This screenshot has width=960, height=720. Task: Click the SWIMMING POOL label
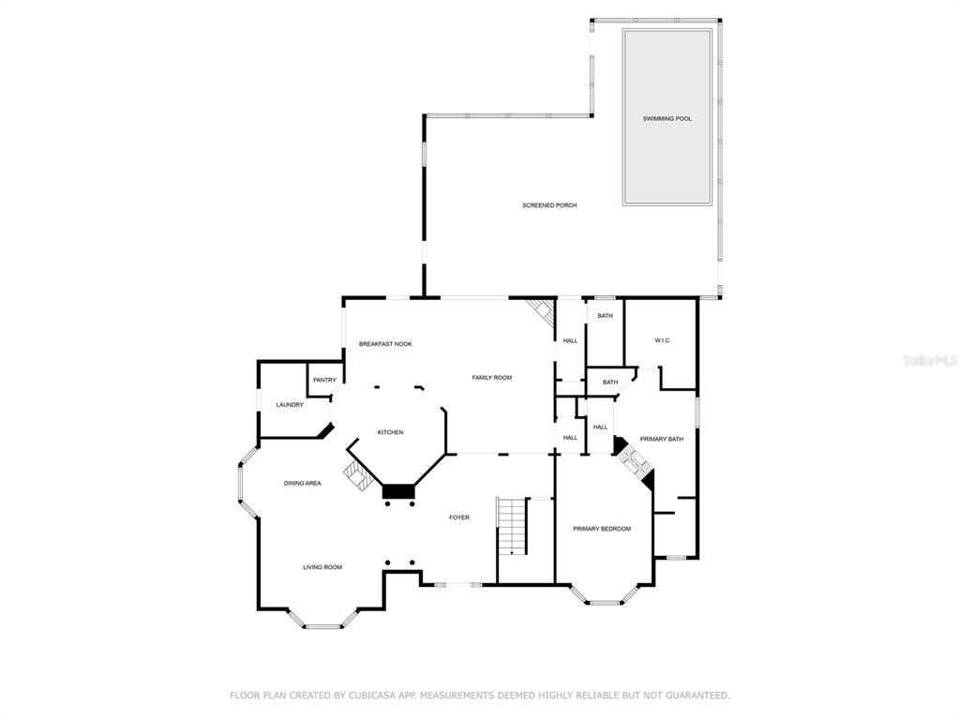pyautogui.click(x=667, y=119)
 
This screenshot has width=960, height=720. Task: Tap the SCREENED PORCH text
pyautogui.click(x=549, y=205)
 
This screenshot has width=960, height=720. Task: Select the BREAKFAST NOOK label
pyautogui.click(x=385, y=344)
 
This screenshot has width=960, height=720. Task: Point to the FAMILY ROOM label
pyautogui.click(x=491, y=378)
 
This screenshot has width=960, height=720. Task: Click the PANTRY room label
pyautogui.click(x=324, y=381)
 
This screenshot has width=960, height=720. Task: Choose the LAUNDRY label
pyautogui.click(x=290, y=405)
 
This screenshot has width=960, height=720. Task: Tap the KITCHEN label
pyautogui.click(x=390, y=433)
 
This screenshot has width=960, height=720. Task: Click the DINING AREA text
pyautogui.click(x=303, y=484)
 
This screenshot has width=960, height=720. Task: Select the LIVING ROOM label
pyautogui.click(x=322, y=567)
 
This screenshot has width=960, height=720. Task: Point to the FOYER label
pyautogui.click(x=459, y=517)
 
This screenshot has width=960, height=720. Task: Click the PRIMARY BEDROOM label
pyautogui.click(x=602, y=529)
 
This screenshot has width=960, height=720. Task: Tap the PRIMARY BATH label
pyautogui.click(x=662, y=440)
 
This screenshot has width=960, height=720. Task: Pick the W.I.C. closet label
pyautogui.click(x=663, y=340)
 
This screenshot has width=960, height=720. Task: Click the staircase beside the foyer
pyautogui.click(x=512, y=527)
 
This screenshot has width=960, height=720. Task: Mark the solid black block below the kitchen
pyautogui.click(x=398, y=491)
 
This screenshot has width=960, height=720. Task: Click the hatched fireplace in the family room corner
pyautogui.click(x=542, y=312)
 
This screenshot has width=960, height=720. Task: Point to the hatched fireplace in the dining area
pyautogui.click(x=357, y=475)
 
